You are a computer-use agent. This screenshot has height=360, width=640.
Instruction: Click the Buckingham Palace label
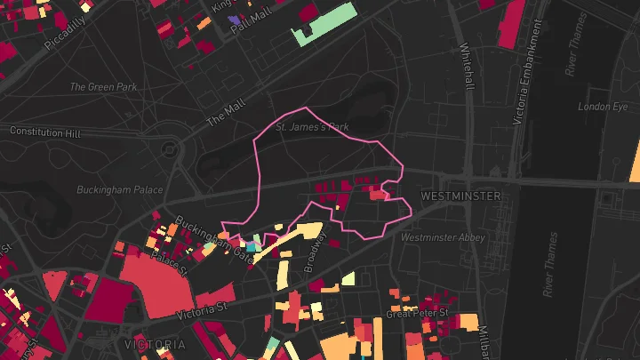[x=120, y=189]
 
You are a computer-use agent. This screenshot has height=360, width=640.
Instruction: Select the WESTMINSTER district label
[x=460, y=195]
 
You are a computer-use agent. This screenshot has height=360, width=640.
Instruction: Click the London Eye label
[x=596, y=107]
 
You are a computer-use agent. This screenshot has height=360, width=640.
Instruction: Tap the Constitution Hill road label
[x=44, y=132]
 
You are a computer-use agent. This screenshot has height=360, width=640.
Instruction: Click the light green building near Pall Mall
[x=325, y=26]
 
